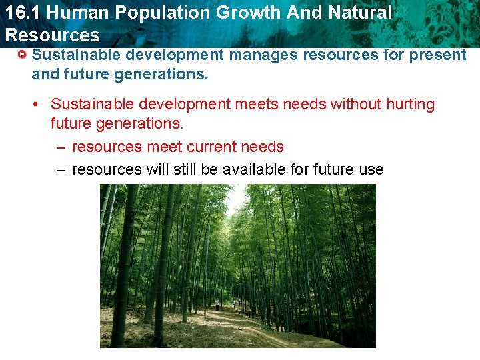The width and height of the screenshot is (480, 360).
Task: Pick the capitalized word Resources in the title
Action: coord(52,35)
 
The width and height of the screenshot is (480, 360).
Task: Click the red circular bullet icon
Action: coord(23,54)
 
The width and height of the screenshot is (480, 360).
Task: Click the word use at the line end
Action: coord(371,169)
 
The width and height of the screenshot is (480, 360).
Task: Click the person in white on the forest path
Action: coord(217,305)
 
